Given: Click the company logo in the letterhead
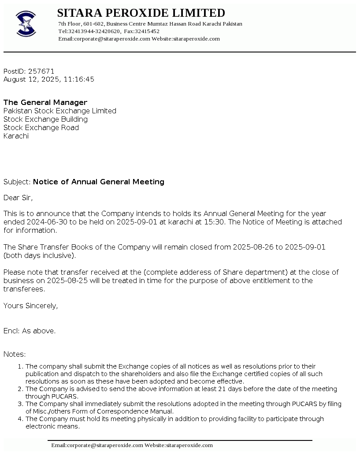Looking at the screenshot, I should (x=26, y=24).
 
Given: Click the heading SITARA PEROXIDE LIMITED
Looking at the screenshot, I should (x=141, y=13).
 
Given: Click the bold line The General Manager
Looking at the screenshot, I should (x=45, y=102).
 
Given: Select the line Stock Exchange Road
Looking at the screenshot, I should (x=41, y=127).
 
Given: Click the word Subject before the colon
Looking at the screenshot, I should (x=16, y=182).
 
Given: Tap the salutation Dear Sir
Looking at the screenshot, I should (x=18, y=198).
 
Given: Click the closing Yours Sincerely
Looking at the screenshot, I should (x=30, y=306).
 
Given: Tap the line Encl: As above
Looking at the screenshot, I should (x=30, y=331).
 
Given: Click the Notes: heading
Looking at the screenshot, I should (x=15, y=354).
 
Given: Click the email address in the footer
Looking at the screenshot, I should (x=97, y=445).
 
